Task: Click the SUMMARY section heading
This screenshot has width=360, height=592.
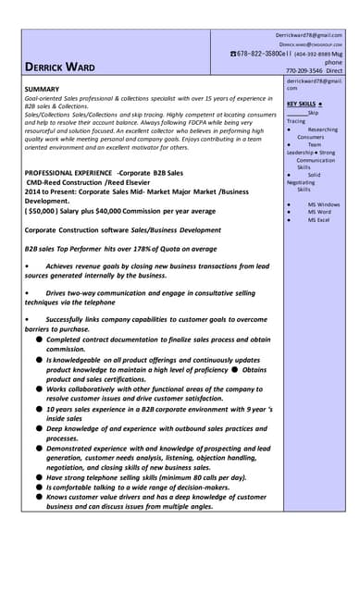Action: point(43,89)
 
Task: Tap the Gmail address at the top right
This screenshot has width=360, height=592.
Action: point(308,34)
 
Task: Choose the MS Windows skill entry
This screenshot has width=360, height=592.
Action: point(323,204)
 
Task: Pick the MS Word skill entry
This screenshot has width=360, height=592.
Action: point(319,213)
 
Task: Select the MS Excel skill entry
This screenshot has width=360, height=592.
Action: point(319,220)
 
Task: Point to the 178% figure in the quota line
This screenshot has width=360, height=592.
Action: point(125,249)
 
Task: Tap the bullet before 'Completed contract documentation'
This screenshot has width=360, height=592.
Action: point(38,340)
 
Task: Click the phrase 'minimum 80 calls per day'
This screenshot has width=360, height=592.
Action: point(200,477)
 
